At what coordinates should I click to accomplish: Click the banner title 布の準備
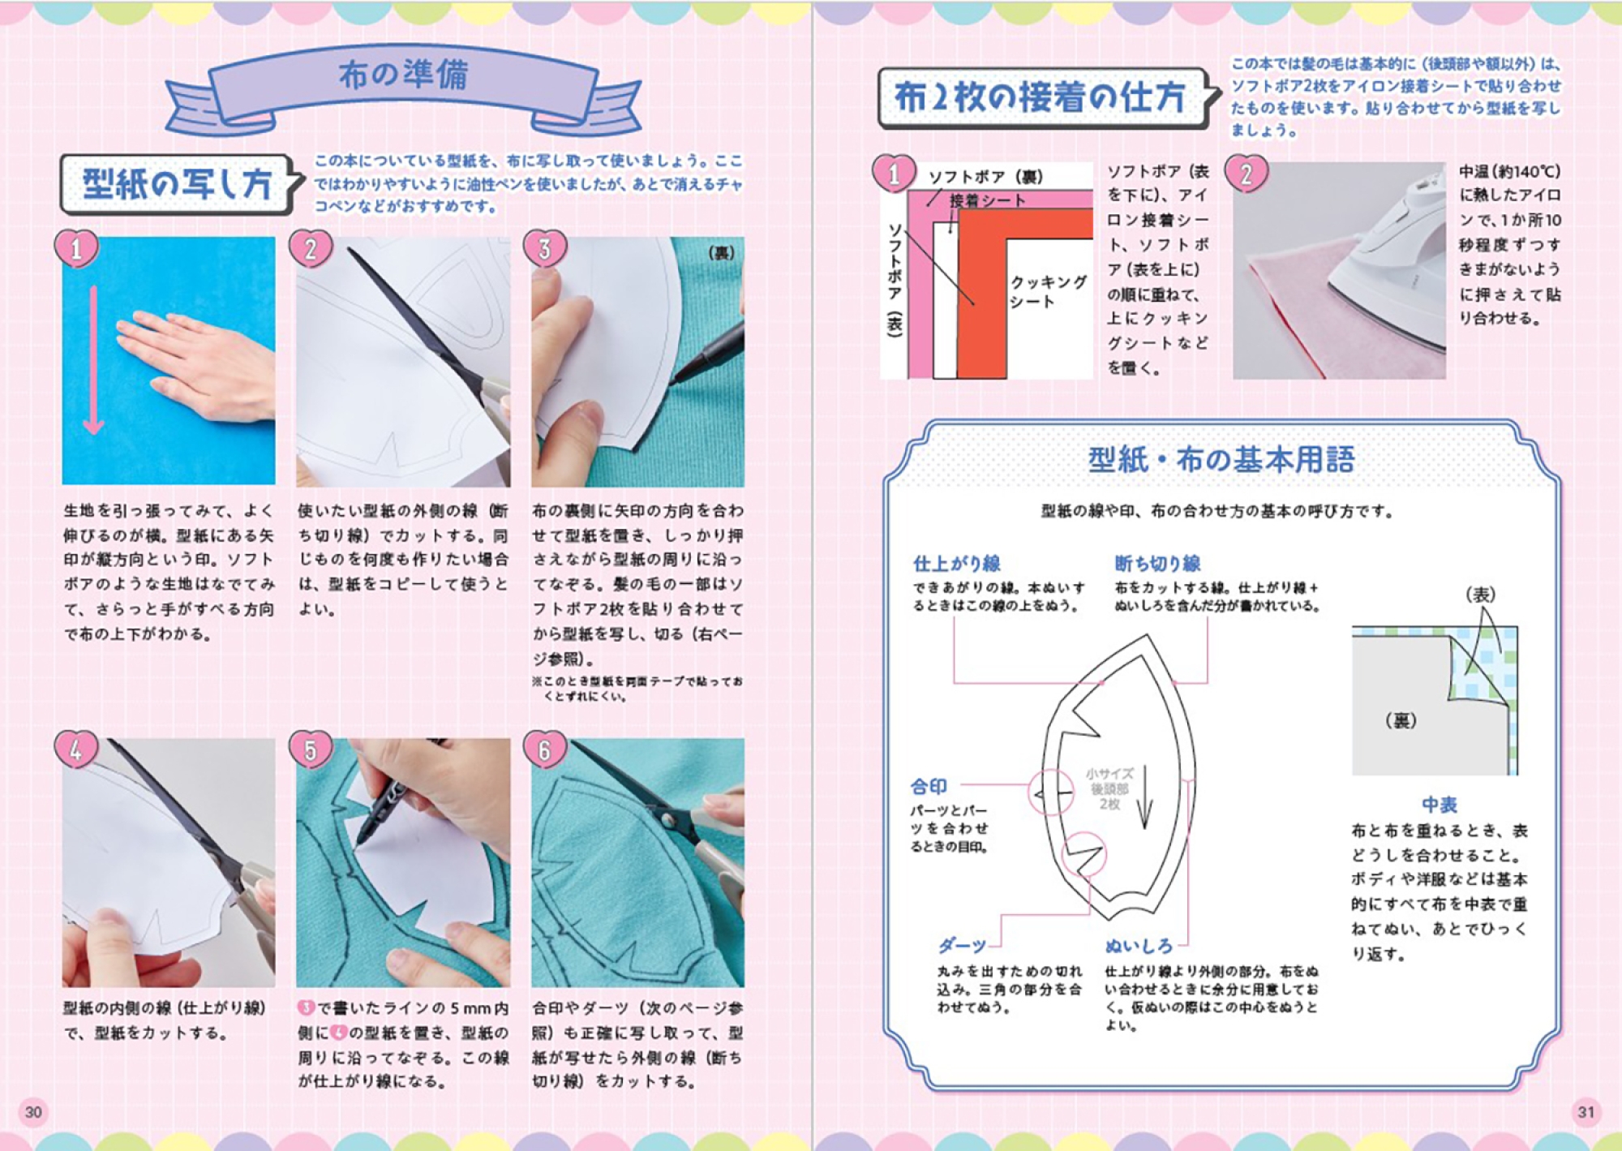click(x=403, y=75)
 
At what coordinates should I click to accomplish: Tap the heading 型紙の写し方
click(x=177, y=183)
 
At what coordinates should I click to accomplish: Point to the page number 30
click(x=33, y=1112)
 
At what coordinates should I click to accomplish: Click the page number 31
click(x=1586, y=1112)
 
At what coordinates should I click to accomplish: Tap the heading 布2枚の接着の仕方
click(x=1040, y=97)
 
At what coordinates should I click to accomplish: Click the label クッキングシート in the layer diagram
click(x=1048, y=291)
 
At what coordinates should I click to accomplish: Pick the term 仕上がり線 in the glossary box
click(x=957, y=564)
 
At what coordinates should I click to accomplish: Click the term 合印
click(x=928, y=786)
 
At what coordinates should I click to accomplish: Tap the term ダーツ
click(x=962, y=946)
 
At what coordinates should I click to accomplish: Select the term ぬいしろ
click(x=1139, y=946)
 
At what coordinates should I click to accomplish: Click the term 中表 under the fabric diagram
click(x=1440, y=805)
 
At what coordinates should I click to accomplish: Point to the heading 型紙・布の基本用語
click(x=1221, y=460)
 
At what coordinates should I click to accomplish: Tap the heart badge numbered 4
click(x=76, y=749)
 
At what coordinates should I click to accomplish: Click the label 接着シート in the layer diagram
click(x=987, y=200)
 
